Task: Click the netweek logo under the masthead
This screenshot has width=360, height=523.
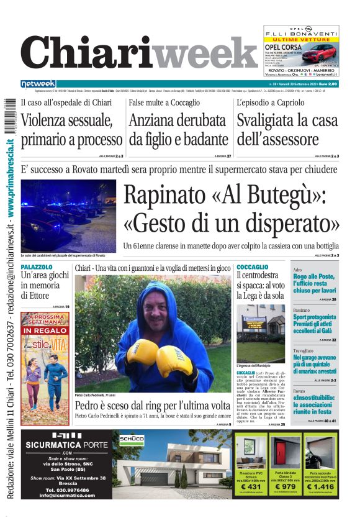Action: click(38, 83)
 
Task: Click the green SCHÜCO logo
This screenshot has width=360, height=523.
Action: click(132, 439)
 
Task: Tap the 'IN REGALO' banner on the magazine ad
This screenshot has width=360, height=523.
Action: click(45, 330)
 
